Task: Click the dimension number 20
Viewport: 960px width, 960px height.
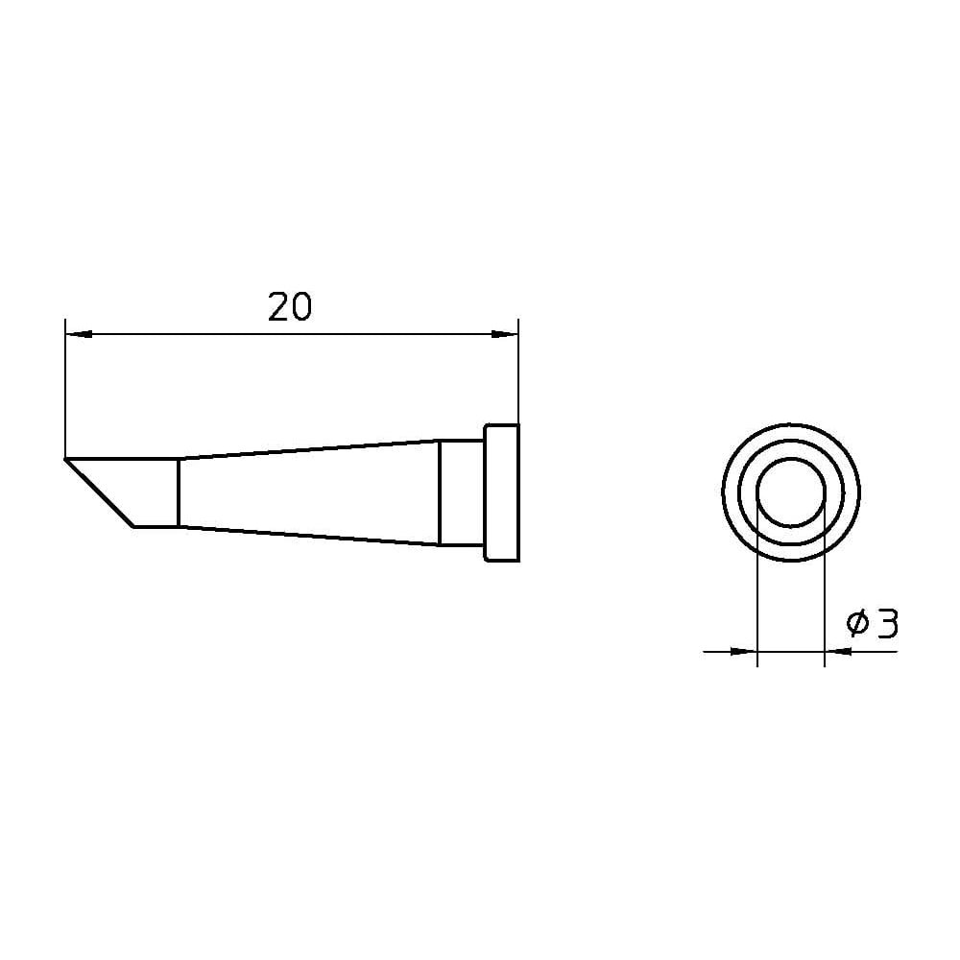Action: pos(290,307)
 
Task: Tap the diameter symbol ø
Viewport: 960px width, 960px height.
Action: pos(857,623)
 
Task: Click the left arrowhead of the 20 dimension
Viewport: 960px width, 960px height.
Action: pos(79,334)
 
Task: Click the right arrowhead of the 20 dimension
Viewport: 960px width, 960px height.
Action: pos(505,334)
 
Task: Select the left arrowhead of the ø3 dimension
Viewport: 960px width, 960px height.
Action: pos(744,652)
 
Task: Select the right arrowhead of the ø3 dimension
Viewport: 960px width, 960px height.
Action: pos(838,652)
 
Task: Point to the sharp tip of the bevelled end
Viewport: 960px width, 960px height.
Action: pos(65,458)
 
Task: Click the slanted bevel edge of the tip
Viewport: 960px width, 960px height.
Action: pos(99,492)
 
